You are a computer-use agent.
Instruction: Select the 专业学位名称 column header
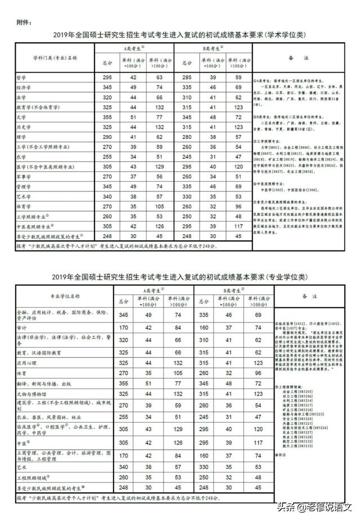pos(62,295)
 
